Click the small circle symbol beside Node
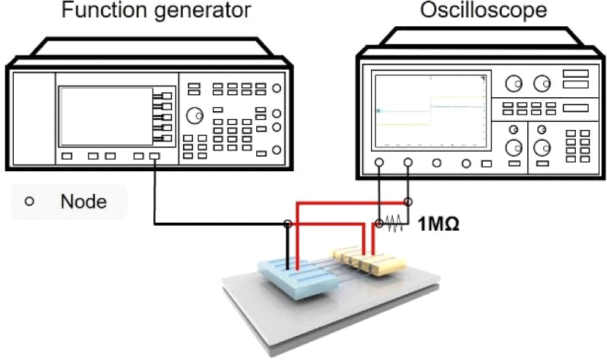pyautogui.click(x=30, y=202)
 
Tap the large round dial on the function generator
pyautogui.click(x=194, y=115)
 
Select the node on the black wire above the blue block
pyautogui.click(x=288, y=224)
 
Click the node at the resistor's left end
pyautogui.click(x=378, y=224)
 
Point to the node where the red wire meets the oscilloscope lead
pyautogui.click(x=408, y=202)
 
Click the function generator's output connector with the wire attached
pyautogui.click(x=154, y=156)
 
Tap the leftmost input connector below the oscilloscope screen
pyautogui.click(x=379, y=163)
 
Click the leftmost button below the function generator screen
pyautogui.click(x=66, y=156)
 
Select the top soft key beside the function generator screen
pyautogui.click(x=166, y=96)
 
